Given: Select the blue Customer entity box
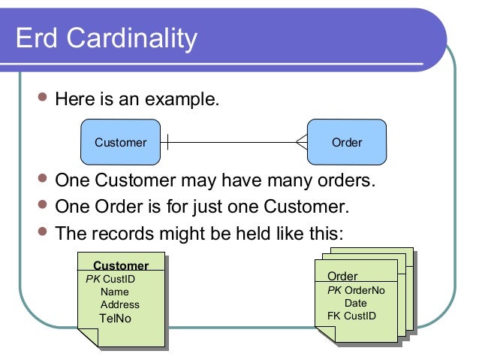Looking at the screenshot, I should click(x=120, y=142).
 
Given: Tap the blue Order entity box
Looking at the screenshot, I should click(x=346, y=142).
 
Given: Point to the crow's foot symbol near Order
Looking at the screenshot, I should click(x=301, y=142).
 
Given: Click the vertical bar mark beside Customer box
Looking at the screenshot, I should click(x=167, y=142).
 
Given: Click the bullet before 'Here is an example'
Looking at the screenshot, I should click(x=42, y=98).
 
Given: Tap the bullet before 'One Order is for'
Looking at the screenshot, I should click(x=42, y=206).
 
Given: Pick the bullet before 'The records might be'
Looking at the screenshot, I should click(x=42, y=231).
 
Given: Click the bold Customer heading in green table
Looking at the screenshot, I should click(x=121, y=265).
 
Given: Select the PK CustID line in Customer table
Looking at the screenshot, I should click(x=110, y=279).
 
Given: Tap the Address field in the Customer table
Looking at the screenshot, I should click(x=120, y=304).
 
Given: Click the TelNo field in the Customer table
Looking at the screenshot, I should click(x=115, y=318).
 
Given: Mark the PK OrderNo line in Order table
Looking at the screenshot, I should click(x=356, y=290).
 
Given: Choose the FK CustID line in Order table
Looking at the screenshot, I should click(x=351, y=316).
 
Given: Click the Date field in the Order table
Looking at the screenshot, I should click(x=355, y=303).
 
